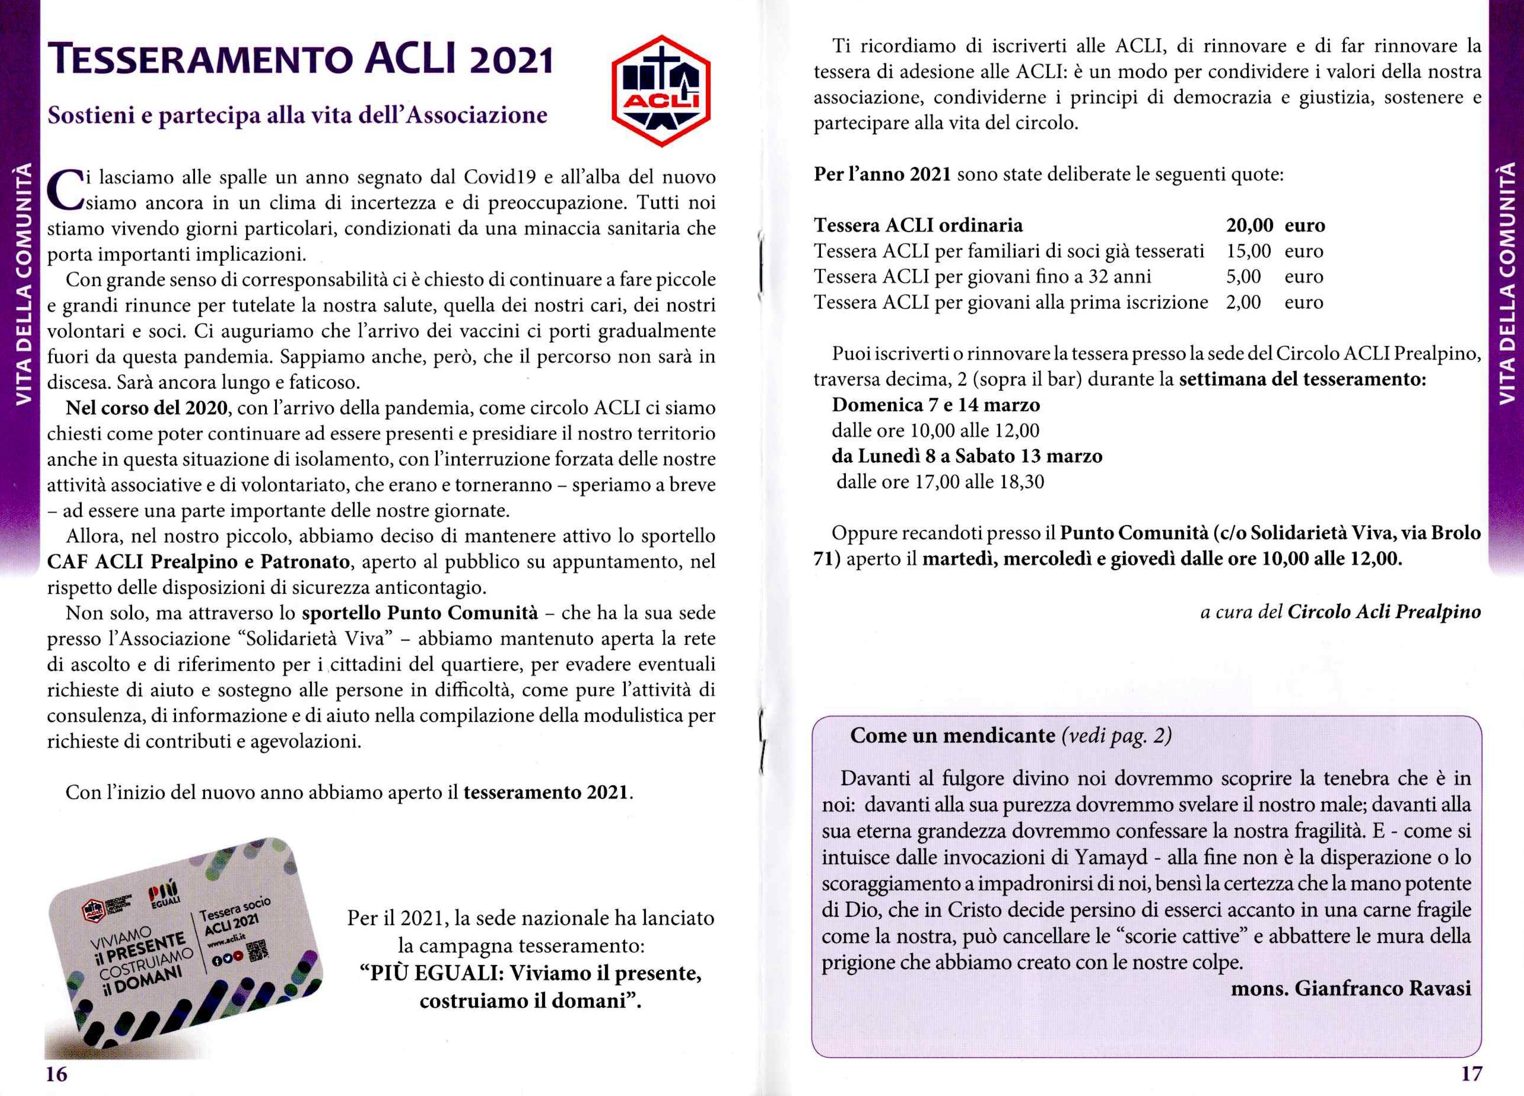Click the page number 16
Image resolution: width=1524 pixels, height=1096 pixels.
[x=57, y=1074]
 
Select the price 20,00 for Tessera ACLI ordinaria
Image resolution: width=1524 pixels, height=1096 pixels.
[x=1249, y=226]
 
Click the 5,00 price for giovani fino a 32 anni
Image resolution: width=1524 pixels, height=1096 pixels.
[x=1243, y=277]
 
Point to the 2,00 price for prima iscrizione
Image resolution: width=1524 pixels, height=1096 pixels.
[x=1243, y=302]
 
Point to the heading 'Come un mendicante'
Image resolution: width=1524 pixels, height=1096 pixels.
[x=952, y=735]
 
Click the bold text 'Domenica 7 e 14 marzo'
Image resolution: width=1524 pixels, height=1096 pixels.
[x=935, y=405]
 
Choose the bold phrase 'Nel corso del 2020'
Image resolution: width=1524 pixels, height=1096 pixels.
[x=146, y=408]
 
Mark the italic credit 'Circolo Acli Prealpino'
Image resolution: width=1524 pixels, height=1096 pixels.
[x=1384, y=612]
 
